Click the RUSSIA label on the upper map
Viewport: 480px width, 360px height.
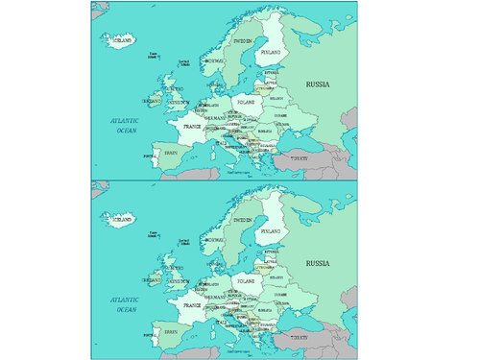pos(318,85)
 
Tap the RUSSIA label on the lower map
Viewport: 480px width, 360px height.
pos(318,263)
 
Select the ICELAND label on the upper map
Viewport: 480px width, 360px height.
pos(122,41)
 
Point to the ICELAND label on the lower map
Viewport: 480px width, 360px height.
pos(122,219)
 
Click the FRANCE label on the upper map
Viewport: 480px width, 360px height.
pos(192,127)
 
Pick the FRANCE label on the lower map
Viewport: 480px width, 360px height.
pos(192,304)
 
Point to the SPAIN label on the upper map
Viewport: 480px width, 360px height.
pos(172,154)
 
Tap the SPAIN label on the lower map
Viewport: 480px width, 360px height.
pos(172,331)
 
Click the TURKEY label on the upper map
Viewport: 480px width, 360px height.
pos(301,158)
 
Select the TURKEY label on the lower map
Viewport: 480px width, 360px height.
pos(301,336)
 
